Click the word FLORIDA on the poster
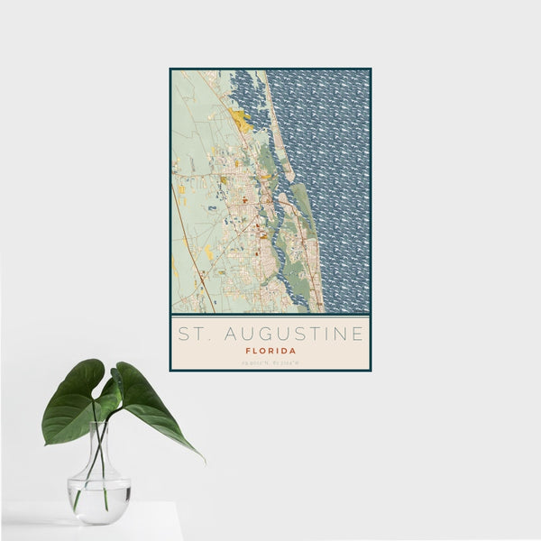click(x=270, y=350)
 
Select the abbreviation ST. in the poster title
click(x=190, y=334)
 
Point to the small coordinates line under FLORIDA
click(x=270, y=362)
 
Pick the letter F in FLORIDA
click(x=247, y=350)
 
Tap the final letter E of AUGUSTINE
click(x=358, y=334)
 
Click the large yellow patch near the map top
click(x=240, y=118)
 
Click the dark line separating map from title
click(x=270, y=314)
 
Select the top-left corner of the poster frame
click(x=170, y=69)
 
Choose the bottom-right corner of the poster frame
click(x=370, y=370)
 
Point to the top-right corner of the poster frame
click(x=370, y=69)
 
